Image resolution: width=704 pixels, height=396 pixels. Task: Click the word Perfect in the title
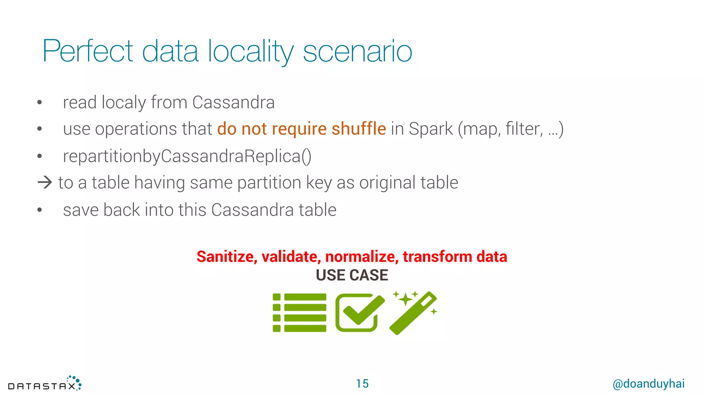tap(88, 51)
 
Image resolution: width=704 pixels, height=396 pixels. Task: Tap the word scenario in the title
tap(357, 52)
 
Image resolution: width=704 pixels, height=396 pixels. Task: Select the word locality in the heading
tap(251, 51)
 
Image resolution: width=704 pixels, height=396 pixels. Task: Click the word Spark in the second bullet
tap(431, 129)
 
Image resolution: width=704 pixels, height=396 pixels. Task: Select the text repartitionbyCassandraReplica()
tap(187, 156)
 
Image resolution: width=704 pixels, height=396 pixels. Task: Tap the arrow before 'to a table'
tap(45, 182)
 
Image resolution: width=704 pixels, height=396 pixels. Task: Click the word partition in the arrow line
tap(269, 183)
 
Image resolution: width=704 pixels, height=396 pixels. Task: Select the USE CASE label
tap(352, 275)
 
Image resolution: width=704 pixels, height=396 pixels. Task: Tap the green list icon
tap(299, 312)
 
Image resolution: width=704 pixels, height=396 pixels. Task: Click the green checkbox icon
tap(359, 312)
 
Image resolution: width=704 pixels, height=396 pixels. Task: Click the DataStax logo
tap(45, 384)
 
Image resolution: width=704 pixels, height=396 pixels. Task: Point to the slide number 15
tap(362, 384)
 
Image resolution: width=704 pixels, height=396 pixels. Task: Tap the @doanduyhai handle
tap(648, 384)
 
